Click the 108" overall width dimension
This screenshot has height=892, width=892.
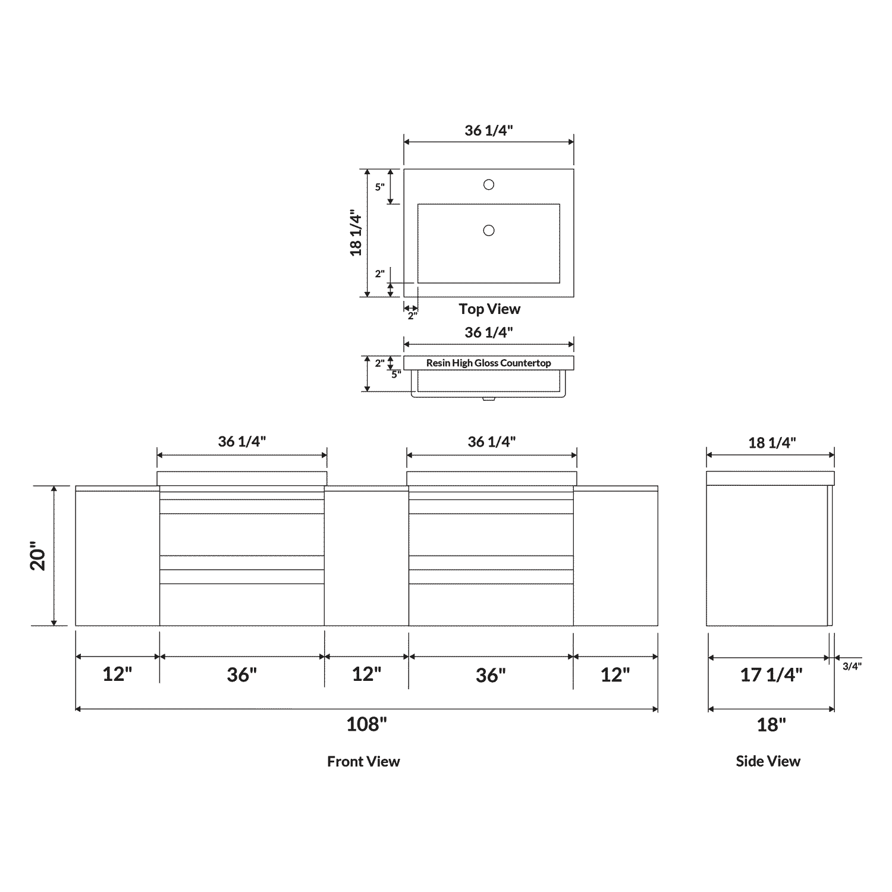pos(366,724)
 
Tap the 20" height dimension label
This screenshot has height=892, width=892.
pos(38,555)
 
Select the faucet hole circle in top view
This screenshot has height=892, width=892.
pos(489,185)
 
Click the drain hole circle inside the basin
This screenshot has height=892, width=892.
pos(489,231)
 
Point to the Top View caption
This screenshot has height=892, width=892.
pos(489,309)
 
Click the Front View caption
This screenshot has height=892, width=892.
pos(363,761)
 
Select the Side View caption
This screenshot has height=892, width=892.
pos(768,761)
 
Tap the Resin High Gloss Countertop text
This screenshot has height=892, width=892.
pos(488,363)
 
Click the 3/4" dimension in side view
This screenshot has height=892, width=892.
pos(852,667)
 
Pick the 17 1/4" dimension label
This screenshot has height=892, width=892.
pos(771,675)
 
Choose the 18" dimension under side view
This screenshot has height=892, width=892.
pos(771,725)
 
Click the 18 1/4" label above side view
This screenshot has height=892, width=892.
pos(772,442)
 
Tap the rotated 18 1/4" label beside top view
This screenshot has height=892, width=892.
pos(356,233)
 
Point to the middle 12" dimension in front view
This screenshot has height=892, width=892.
pos(366,674)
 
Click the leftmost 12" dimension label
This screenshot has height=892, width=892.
pos(117,674)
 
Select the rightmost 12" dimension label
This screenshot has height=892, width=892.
pos(615,675)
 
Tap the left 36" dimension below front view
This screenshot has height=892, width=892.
pos(241,675)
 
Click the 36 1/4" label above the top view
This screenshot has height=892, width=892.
pos(489,130)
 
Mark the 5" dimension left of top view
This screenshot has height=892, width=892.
pos(379,187)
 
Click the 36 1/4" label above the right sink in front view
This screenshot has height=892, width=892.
pos(491,442)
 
